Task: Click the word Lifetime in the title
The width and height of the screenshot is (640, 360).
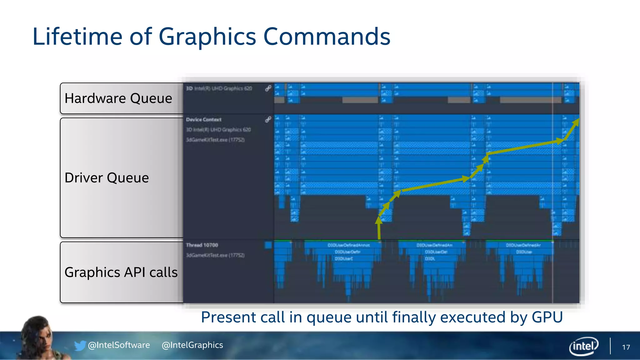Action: tap(77, 37)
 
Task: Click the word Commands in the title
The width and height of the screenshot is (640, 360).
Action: tap(327, 37)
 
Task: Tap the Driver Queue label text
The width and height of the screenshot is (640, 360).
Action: tap(107, 178)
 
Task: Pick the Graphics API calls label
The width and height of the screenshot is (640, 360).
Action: tap(121, 272)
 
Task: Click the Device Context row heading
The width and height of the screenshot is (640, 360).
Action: tap(203, 119)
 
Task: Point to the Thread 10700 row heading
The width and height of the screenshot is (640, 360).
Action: tap(202, 245)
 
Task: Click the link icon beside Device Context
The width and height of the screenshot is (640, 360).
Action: tap(268, 119)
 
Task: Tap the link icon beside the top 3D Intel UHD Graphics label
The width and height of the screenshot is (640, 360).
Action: tap(268, 88)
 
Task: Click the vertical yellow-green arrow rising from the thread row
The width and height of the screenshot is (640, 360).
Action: tap(379, 230)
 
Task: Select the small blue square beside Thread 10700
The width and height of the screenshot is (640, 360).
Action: tap(268, 245)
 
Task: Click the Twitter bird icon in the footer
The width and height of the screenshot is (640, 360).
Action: tap(80, 345)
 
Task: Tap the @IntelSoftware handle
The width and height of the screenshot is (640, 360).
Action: tap(119, 345)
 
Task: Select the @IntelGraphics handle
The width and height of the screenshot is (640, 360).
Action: tap(192, 345)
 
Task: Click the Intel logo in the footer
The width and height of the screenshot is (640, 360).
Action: tap(583, 346)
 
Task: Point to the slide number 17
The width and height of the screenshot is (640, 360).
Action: tap(626, 347)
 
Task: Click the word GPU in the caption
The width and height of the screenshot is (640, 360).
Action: tap(547, 317)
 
